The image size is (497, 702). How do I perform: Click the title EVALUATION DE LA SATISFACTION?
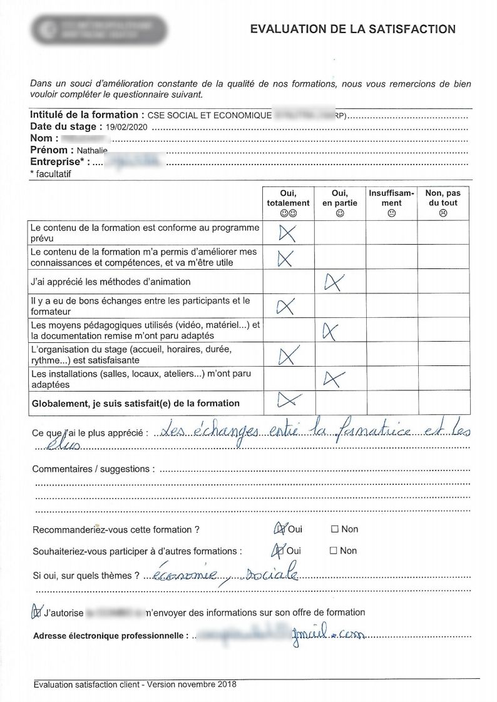[352, 29]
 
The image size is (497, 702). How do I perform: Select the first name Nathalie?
[92, 151]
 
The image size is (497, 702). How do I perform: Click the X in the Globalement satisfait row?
[289, 400]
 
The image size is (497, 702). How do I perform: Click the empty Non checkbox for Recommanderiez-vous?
[335, 529]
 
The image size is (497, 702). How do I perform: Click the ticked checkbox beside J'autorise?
[37, 613]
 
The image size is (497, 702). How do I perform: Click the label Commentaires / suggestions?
[91, 469]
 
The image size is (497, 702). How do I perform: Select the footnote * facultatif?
[51, 175]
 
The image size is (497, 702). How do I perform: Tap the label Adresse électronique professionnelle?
[110, 636]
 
